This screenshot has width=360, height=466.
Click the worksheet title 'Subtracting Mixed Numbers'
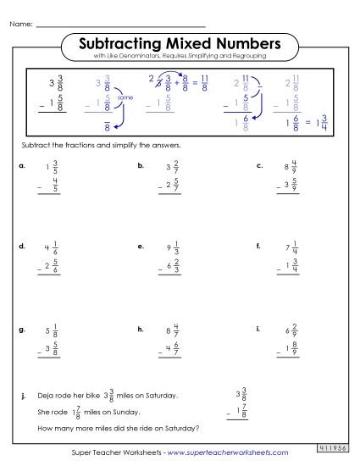(179, 42)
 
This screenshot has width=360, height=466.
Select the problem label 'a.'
(21, 166)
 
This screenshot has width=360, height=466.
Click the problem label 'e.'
(140, 247)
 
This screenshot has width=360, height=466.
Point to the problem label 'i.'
(257, 326)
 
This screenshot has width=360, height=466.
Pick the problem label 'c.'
(259, 166)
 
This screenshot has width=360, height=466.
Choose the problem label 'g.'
(21, 327)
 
